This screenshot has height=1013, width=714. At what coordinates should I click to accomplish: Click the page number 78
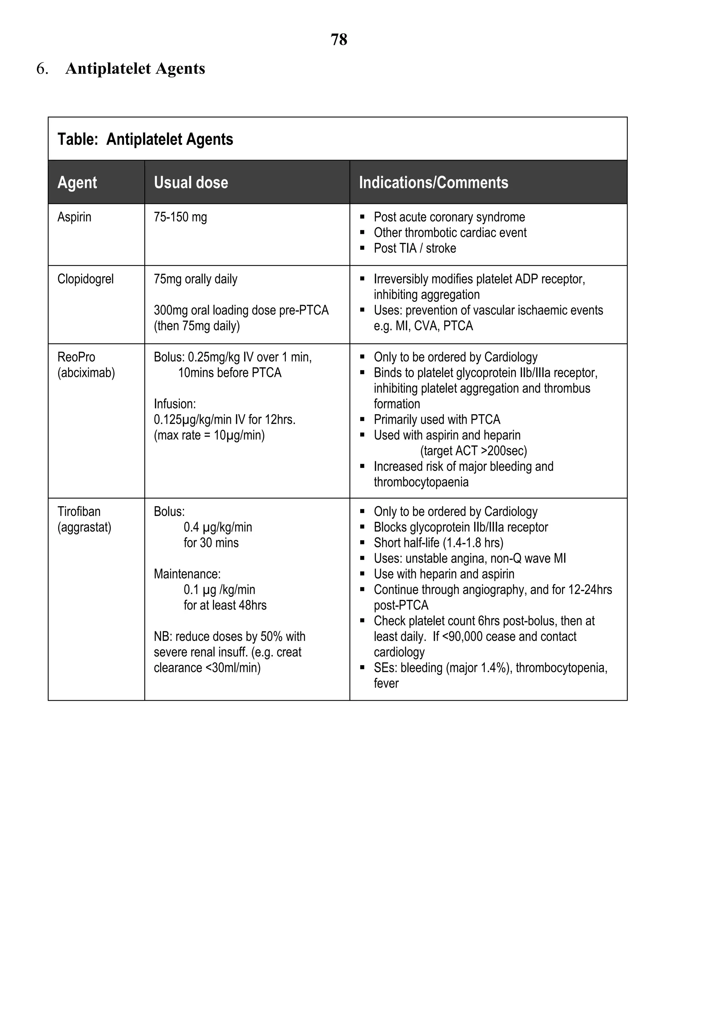(x=339, y=40)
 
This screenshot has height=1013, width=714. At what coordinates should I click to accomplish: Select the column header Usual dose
(x=191, y=183)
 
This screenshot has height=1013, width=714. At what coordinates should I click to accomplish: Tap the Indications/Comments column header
(x=433, y=183)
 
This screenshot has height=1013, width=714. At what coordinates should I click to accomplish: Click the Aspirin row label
(x=74, y=217)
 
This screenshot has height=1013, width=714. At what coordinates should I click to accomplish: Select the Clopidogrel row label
(x=85, y=279)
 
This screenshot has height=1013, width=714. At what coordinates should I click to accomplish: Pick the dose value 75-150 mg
(x=180, y=217)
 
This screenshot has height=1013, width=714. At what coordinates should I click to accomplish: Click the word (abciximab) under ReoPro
(x=86, y=373)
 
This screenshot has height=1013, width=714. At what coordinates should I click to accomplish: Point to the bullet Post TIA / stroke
(x=415, y=249)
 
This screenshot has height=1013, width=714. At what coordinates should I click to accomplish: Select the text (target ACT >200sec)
(x=473, y=451)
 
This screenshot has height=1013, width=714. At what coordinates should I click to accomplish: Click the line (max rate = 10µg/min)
(x=209, y=435)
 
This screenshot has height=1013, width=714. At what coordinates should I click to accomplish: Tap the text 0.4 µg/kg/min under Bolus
(x=218, y=527)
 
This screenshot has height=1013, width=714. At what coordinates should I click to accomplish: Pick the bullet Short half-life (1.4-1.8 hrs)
(x=438, y=543)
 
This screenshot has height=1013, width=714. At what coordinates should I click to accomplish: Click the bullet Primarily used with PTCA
(x=436, y=420)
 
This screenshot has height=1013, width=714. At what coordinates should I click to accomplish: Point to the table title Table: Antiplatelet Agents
(x=145, y=139)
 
